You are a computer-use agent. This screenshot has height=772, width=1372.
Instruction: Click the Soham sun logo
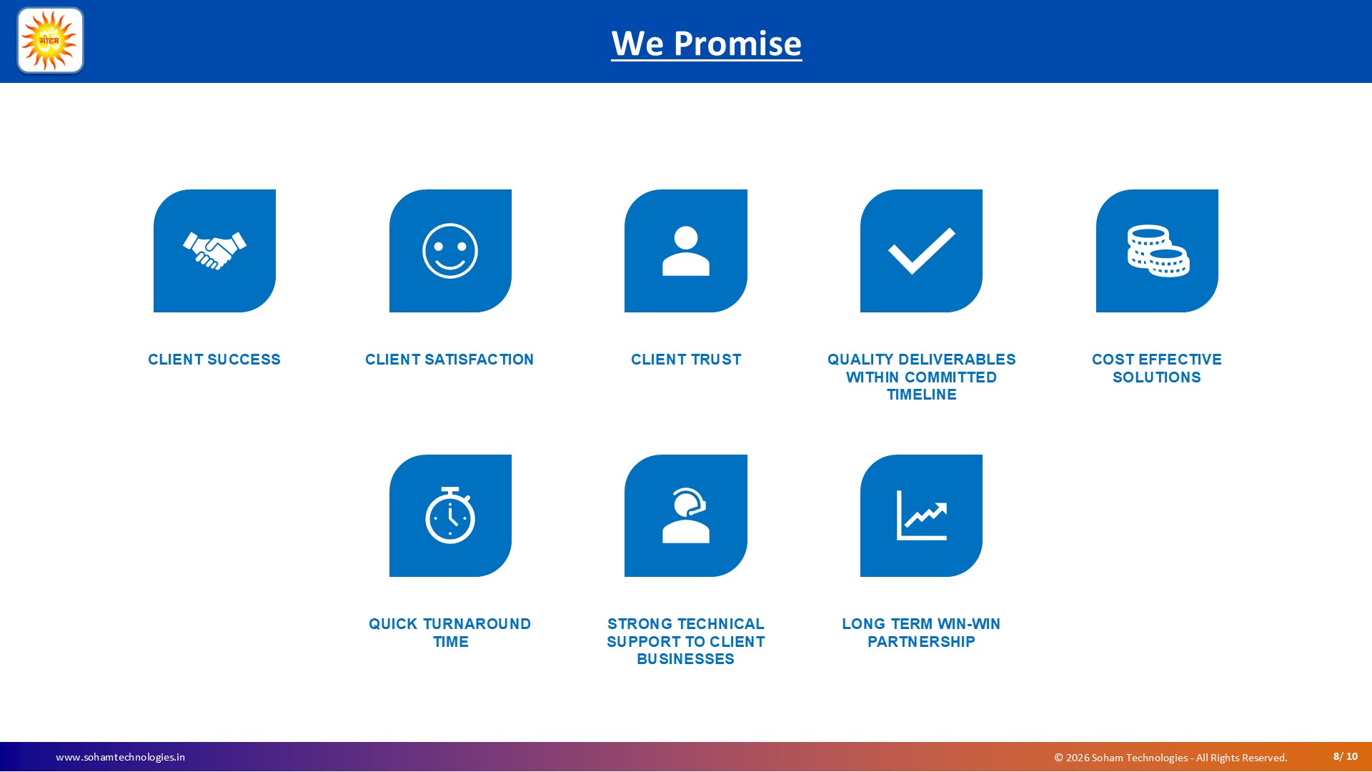coord(50,41)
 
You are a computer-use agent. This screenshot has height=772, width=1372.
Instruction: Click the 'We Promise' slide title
coord(706,44)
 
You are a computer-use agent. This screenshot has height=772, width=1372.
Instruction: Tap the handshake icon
coord(214,251)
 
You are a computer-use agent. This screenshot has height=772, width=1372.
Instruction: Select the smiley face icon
coord(450,251)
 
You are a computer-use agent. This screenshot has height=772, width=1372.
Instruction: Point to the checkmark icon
coord(921,251)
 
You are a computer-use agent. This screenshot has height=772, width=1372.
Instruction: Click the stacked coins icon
coord(1158,251)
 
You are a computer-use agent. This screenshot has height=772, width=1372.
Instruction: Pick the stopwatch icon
coord(450,515)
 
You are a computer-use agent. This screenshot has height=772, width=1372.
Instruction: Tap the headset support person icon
coord(686,515)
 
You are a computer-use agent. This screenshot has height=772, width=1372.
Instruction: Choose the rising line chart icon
coord(922,515)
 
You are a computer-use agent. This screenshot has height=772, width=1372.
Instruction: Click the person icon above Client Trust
coord(686,251)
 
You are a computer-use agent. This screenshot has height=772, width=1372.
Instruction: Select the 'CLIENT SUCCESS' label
coord(214,360)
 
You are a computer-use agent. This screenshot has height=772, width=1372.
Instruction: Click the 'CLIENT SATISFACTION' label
coord(449,360)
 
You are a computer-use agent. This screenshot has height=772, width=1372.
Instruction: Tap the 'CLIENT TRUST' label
coord(686,360)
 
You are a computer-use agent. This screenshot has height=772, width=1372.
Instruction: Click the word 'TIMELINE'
coord(922,395)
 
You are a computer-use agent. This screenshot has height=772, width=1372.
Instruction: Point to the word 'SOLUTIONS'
coord(1157,377)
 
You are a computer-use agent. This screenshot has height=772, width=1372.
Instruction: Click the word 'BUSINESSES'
coord(686,659)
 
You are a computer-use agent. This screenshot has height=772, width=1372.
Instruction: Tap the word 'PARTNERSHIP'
coord(922,642)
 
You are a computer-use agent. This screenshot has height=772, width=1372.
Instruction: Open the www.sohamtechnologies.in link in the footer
coord(120,757)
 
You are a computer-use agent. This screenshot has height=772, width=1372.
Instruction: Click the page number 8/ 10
coord(1346,756)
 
